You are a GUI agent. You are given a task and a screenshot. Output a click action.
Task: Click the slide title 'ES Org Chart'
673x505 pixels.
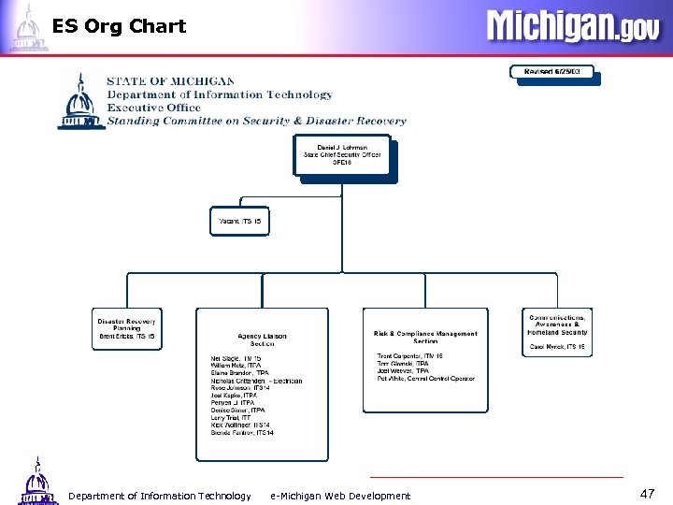[119, 26]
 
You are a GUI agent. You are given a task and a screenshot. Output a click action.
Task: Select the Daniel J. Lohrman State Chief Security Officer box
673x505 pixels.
[342, 156]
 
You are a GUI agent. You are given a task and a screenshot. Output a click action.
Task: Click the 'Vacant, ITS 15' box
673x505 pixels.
[239, 222]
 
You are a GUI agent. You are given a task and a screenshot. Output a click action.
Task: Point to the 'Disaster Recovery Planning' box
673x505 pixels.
[126, 328]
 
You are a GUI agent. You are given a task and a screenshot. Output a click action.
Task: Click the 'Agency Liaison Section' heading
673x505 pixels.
[262, 339]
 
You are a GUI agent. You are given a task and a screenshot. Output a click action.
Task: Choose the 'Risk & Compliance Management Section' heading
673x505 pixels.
[425, 338]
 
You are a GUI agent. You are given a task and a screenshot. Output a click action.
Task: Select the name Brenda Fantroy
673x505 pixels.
[242, 433]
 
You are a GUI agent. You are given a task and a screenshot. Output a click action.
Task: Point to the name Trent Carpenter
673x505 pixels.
[409, 356]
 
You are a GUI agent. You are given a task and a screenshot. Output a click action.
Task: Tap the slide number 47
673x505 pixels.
[648, 492]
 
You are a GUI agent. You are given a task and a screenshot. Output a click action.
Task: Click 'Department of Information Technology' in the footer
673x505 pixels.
[160, 496]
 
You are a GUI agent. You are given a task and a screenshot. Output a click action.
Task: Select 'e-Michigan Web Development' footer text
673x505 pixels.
[339, 496]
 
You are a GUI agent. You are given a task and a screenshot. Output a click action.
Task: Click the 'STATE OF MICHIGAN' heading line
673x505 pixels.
[170, 81]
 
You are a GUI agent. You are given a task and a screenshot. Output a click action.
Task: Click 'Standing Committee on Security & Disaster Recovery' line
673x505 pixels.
[256, 121]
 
